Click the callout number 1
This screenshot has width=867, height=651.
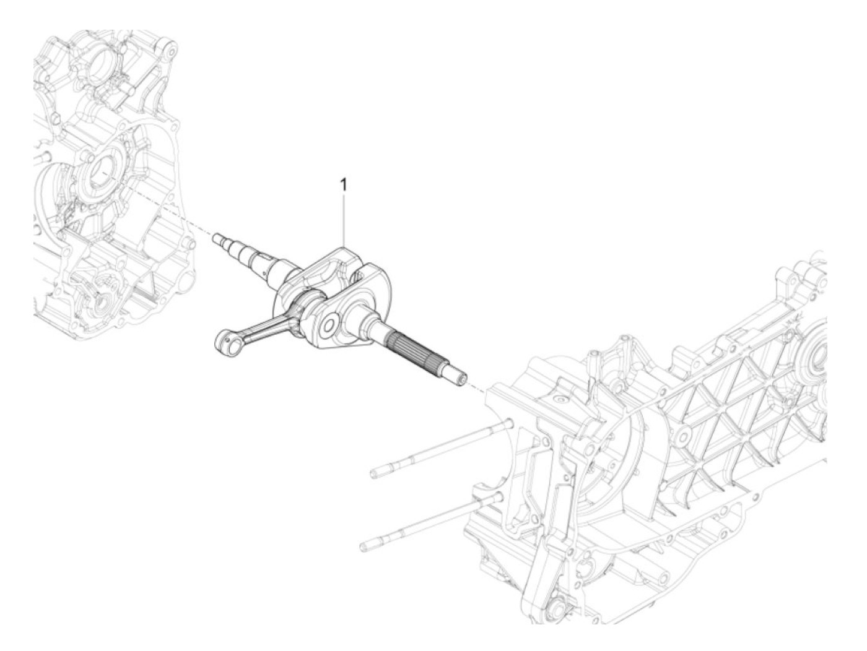click(345, 185)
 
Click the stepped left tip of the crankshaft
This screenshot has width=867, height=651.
click(218, 238)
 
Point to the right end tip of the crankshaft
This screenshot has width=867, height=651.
click(461, 378)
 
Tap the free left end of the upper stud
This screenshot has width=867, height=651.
click(375, 474)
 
